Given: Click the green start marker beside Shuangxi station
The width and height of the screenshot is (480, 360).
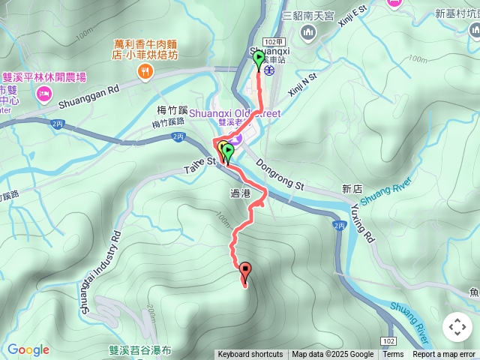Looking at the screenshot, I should (259, 59).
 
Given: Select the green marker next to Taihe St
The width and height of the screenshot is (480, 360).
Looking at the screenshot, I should (227, 151).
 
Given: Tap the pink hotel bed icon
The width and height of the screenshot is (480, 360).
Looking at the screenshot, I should (43, 94).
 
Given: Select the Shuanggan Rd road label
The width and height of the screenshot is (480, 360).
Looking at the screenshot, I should (88, 88).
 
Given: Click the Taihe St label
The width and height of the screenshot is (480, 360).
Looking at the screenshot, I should (200, 160).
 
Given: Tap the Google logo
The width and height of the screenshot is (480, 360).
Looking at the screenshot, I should (28, 349).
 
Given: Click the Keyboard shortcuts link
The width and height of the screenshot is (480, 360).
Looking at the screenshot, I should (250, 355).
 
